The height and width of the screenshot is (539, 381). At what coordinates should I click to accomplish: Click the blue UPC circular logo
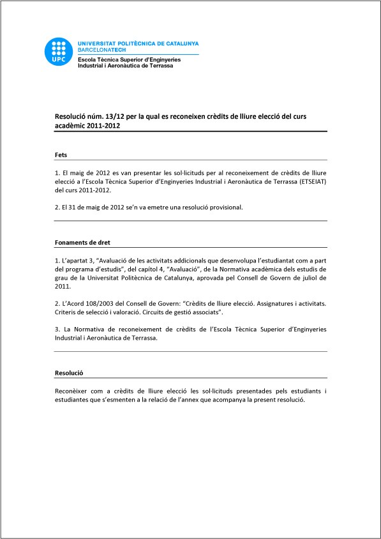[59, 52]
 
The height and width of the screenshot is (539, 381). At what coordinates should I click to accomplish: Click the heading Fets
[61, 155]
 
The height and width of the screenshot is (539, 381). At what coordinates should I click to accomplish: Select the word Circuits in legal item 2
[144, 314]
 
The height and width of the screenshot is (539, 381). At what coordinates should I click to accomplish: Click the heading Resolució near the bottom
[70, 372]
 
